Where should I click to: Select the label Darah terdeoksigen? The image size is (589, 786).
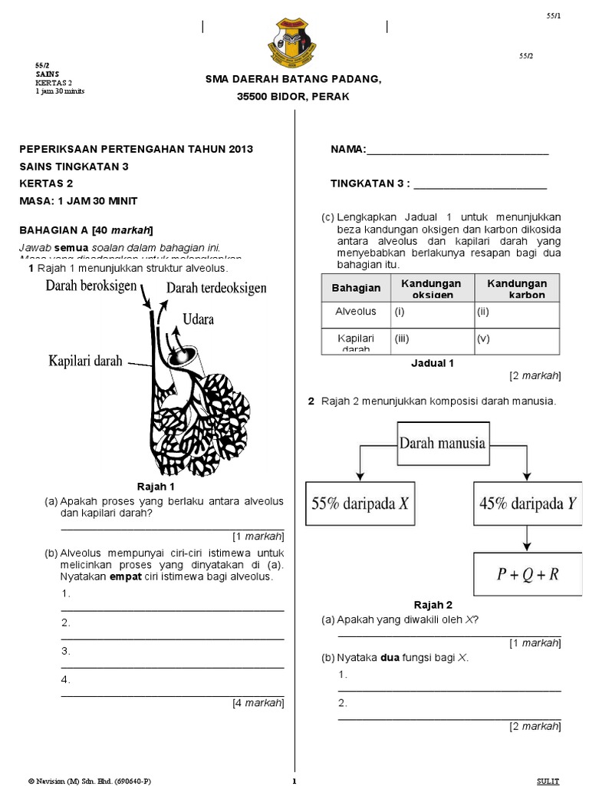point(216,288)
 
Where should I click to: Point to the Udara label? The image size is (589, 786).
point(198,318)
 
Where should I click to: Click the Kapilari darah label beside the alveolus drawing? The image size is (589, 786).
point(85,361)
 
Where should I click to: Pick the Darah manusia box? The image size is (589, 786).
point(441,443)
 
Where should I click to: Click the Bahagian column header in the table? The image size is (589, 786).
point(356,288)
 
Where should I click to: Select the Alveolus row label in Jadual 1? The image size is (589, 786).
point(356,312)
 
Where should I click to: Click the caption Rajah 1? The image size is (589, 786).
point(156,487)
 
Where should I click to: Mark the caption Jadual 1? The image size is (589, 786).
point(433,363)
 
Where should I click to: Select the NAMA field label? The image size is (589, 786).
point(348,149)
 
